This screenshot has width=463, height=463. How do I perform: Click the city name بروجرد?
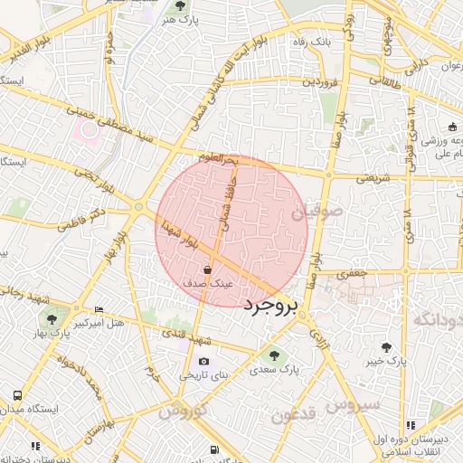(269, 306)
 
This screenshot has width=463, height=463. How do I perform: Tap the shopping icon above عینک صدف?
(209, 269)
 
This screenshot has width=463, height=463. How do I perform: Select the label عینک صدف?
(209, 283)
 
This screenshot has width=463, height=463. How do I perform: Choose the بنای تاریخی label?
(205, 374)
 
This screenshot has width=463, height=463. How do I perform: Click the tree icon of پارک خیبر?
(387, 346)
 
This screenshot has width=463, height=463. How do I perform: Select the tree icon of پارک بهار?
(52, 319)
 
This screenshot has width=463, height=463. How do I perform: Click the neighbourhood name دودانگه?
(438, 319)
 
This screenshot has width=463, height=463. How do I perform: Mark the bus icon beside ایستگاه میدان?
(18, 396)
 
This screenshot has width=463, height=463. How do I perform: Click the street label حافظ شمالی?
(226, 203)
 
